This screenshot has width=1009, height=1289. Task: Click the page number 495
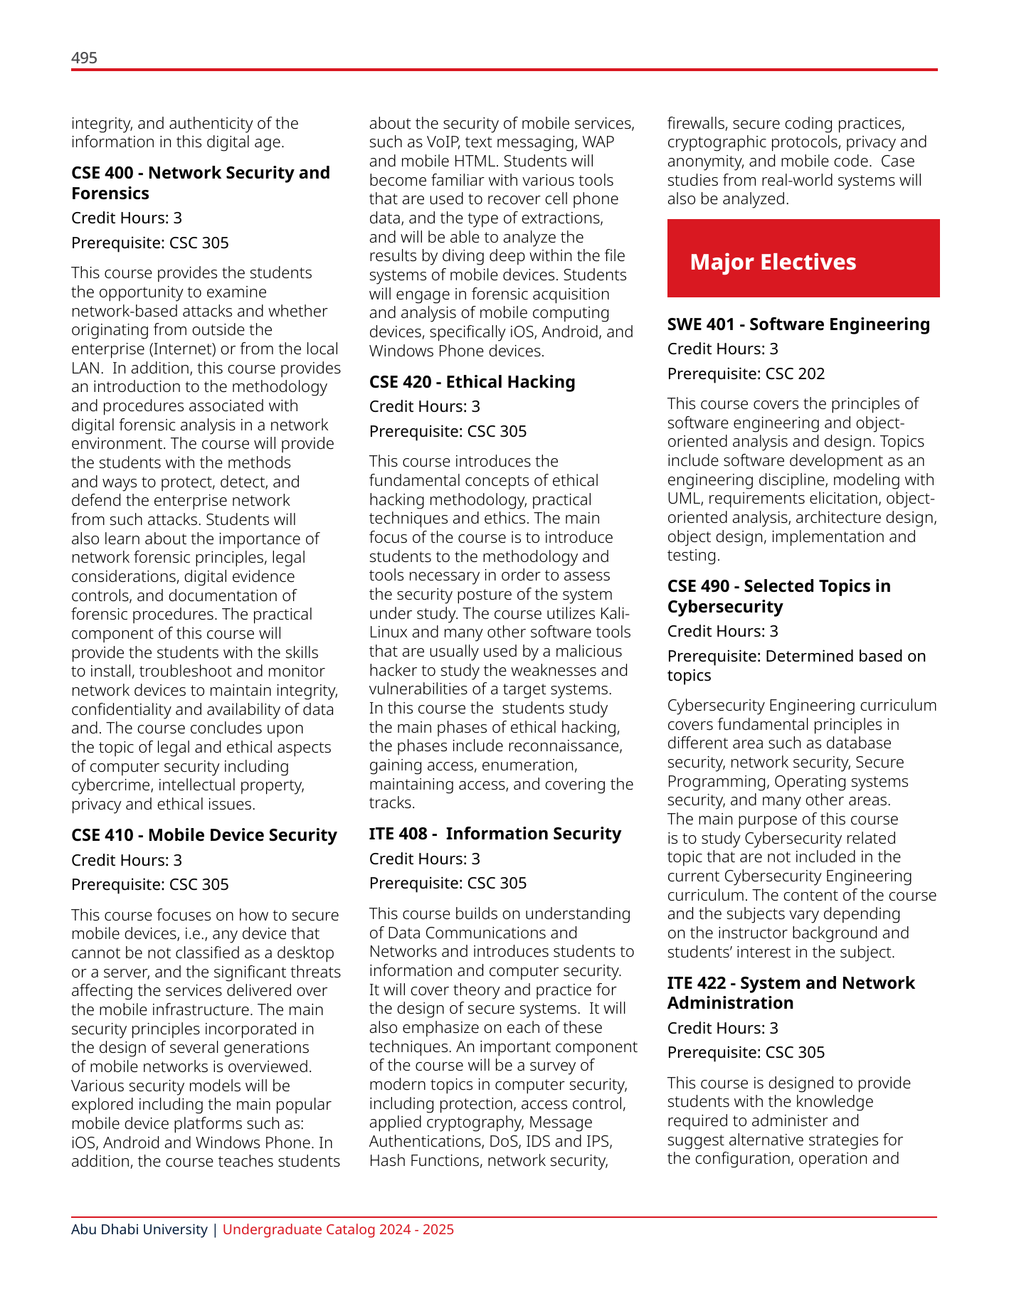[x=84, y=58]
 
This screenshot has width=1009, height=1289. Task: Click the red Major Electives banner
[x=803, y=258]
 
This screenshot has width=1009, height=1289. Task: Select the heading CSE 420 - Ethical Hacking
[x=472, y=382]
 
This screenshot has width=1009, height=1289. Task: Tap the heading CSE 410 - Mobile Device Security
[x=204, y=835]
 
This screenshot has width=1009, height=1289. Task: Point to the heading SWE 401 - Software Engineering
[x=798, y=324]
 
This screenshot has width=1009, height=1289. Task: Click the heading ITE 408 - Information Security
[x=495, y=834]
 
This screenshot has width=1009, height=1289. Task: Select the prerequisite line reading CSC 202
[x=746, y=373]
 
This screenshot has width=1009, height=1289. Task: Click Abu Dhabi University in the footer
[x=139, y=1229]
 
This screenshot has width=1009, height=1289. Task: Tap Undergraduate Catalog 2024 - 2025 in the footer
[x=338, y=1229]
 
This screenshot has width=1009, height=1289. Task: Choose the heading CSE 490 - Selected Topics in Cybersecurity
[x=778, y=596]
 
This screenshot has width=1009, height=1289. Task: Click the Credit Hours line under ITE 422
[x=722, y=1028]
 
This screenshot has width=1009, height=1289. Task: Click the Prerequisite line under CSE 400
[x=149, y=243]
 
